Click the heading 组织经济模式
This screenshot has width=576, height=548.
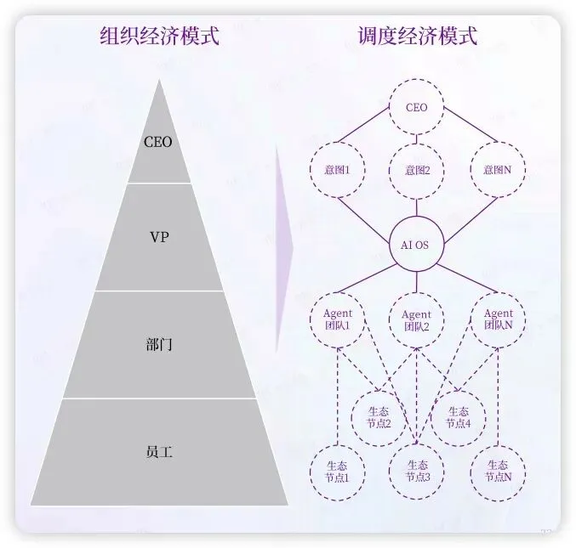coord(160,37)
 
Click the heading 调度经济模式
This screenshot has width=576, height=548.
coord(417,37)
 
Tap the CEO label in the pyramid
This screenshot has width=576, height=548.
coord(158,142)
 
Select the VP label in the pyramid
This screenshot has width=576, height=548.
coord(159,237)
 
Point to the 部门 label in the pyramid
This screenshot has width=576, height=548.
coord(159,345)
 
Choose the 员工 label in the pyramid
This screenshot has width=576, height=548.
coord(159,452)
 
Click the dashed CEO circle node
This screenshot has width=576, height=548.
coord(416,108)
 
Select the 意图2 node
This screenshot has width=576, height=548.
coord(416,170)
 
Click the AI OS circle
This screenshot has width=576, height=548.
coord(416,245)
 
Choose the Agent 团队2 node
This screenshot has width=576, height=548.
coord(416,319)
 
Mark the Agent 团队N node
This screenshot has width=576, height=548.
coord(498,319)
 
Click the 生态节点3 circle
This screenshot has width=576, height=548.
coord(417,471)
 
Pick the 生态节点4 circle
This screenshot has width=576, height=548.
coord(458,417)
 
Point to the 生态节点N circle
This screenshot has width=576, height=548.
coord(498,471)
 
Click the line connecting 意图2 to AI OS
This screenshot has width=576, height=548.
coord(416,208)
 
